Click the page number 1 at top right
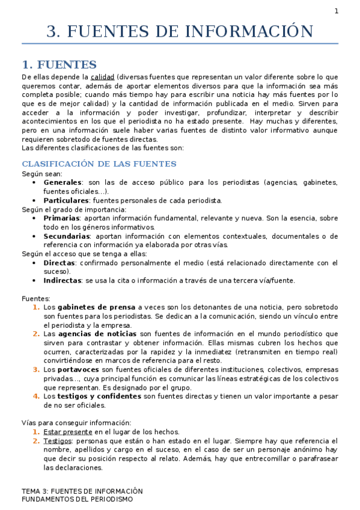pyautogui.click(x=337, y=11)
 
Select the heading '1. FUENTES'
pyautogui.click(x=59, y=64)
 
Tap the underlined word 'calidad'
pyautogui.click(x=102, y=77)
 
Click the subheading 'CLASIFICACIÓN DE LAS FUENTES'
pyautogui.click(x=99, y=164)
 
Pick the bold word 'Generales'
pyautogui.click(x=63, y=182)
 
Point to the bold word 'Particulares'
pyautogui.click(x=66, y=200)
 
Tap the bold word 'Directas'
pyautogui.click(x=59, y=262)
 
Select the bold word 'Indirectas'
pyautogui.click(x=62, y=280)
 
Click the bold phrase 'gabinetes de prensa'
pyautogui.click(x=97, y=307)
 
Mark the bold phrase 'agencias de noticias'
pyautogui.click(x=97, y=333)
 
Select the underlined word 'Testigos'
pyautogui.click(x=57, y=441)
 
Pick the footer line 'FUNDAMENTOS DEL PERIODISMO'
pyautogui.click(x=77, y=499)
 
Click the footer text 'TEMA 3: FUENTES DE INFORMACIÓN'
pyautogui.click(x=82, y=491)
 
